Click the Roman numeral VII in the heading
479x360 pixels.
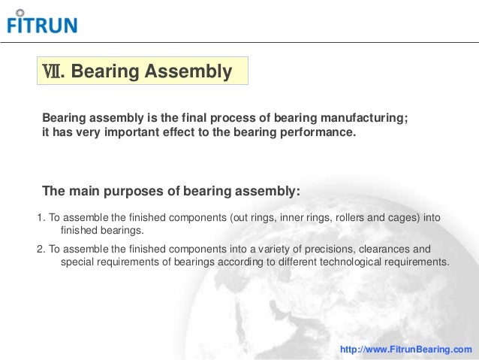pyautogui.click(x=53, y=72)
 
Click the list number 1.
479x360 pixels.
pyautogui.click(x=40, y=218)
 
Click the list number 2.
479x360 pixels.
pyautogui.click(x=40, y=249)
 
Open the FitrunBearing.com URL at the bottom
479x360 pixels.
pyautogui.click(x=406, y=349)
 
